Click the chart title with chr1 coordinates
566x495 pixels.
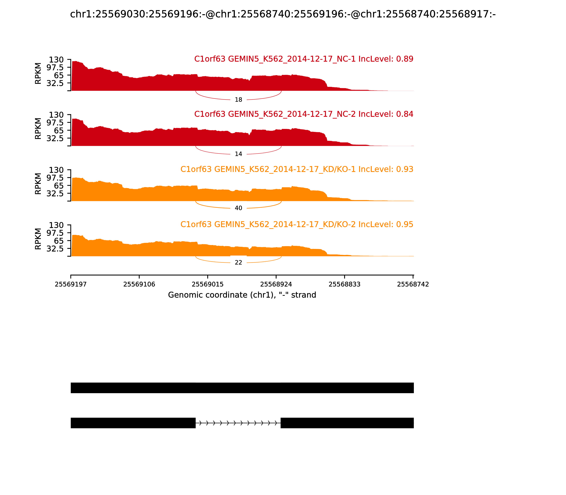283,14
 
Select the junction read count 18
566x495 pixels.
238,100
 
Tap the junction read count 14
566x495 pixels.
238,154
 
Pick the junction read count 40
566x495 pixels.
238,208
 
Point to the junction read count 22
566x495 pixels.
238,263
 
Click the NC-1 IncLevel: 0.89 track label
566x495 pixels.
304,59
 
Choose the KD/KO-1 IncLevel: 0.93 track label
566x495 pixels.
297,169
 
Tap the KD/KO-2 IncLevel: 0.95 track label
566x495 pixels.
297,224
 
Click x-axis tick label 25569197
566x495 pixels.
71,284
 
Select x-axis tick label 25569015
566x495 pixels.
207,284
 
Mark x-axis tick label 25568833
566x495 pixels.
344,284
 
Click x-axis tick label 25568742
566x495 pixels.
413,284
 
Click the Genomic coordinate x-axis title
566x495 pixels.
242,295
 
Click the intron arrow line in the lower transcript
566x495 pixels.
238,423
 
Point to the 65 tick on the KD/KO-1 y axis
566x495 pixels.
59,186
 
